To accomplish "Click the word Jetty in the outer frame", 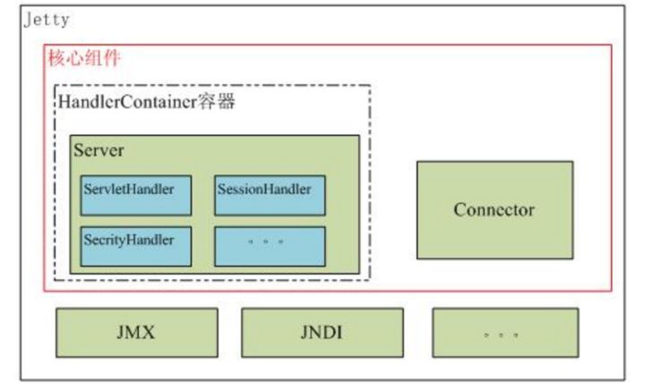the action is (x=47, y=20).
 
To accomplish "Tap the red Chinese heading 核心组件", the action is (x=84, y=57).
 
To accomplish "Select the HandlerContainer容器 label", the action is (x=146, y=101).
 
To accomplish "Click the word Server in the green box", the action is (x=99, y=150).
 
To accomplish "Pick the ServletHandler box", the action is (x=136, y=196).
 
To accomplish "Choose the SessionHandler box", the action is (x=270, y=196).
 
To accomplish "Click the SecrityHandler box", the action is (x=136, y=247).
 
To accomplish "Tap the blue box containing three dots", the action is (x=270, y=247).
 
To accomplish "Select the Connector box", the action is (x=494, y=210).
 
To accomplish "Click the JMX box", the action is (x=137, y=333).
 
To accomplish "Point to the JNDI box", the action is (x=322, y=333).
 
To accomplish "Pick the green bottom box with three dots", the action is (x=505, y=333).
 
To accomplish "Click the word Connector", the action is (x=494, y=210).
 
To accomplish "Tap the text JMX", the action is (x=136, y=333).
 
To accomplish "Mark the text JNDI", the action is (x=322, y=333).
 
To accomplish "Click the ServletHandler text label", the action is (x=129, y=190).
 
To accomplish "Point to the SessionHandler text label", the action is (x=264, y=190).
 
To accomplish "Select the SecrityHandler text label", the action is (x=129, y=240).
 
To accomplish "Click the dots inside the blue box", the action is (x=266, y=242).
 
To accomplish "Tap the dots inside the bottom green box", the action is (x=501, y=335).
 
